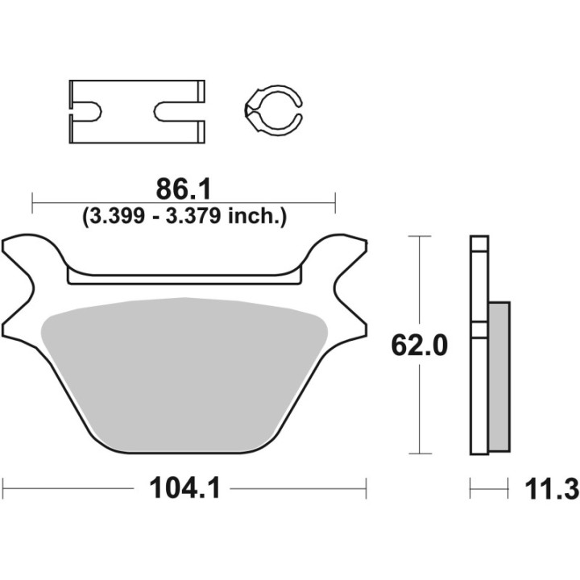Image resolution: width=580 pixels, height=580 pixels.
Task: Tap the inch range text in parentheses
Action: point(184,216)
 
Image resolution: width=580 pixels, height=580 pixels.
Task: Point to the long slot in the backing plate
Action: point(184,278)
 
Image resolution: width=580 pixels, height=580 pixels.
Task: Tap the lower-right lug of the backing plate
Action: point(348,322)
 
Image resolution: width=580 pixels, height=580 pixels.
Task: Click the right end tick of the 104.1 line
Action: point(367,487)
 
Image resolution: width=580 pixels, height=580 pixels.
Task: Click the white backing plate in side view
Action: point(478,387)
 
